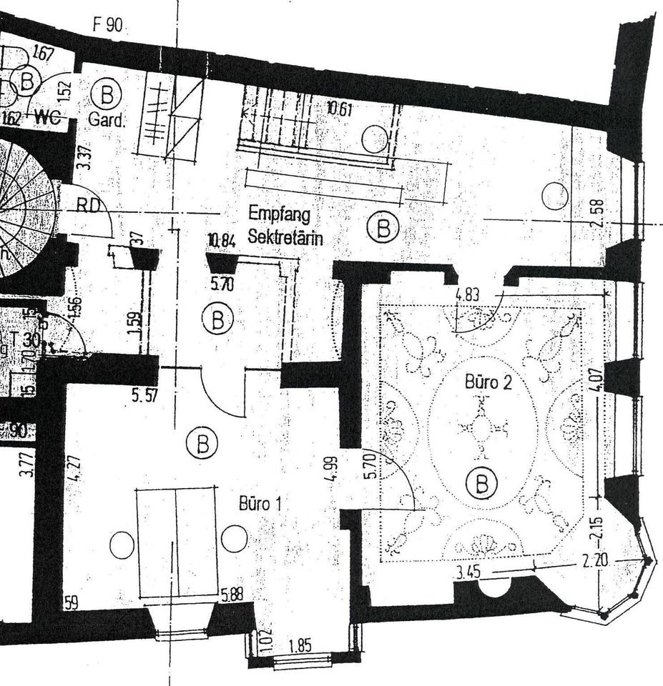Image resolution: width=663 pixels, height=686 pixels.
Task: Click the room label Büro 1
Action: tap(260, 504)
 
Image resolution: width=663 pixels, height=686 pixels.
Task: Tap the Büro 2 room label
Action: tap(488, 382)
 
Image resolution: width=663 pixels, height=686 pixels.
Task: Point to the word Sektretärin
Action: tap(285, 237)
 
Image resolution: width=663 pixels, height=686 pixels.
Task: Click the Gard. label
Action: tap(106, 119)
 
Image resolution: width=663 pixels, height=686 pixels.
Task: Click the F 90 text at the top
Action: tap(107, 25)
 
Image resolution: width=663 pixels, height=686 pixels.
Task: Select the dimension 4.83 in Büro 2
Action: tap(468, 292)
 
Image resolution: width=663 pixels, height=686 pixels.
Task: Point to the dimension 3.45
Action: tap(468, 572)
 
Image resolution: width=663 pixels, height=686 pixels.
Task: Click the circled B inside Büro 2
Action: tap(481, 484)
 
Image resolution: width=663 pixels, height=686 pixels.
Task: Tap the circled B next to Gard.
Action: tap(107, 94)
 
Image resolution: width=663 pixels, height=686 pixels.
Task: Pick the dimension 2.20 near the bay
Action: tap(595, 561)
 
